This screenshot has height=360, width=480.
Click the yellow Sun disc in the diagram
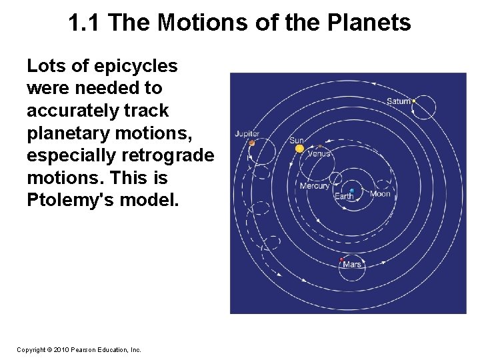(299, 149)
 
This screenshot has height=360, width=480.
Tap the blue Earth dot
(352, 191)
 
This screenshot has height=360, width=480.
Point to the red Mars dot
(342, 259)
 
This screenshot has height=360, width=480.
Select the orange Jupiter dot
(252, 142)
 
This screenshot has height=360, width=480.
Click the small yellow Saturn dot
(414, 101)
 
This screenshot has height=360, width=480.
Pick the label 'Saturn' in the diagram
(399, 101)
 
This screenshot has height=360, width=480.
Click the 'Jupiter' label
(247, 134)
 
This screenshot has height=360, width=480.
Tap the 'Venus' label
(319, 153)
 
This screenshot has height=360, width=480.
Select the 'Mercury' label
(315, 186)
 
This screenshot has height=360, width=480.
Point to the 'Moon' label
(380, 194)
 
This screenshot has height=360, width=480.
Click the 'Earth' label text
(344, 197)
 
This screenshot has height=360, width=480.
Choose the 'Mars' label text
(353, 265)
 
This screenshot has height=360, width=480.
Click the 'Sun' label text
(297, 141)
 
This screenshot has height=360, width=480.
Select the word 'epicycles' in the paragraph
(136, 66)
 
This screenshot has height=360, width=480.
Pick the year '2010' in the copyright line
(60, 349)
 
